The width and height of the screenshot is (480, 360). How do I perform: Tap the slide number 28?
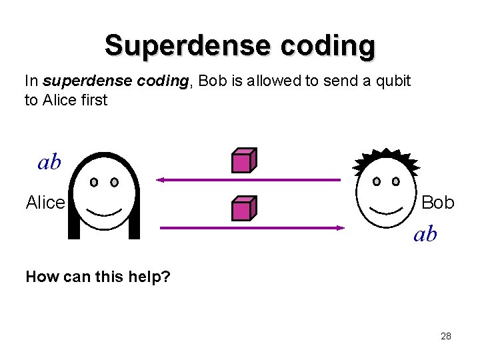[x=446, y=336]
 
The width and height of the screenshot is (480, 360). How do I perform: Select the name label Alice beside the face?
[x=45, y=203]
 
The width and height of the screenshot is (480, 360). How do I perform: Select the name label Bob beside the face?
[x=438, y=202]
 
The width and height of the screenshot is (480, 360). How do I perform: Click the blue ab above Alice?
[x=49, y=163]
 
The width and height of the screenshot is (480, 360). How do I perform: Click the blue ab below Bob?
[x=425, y=234]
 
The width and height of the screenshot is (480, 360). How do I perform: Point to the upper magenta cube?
[x=243, y=161]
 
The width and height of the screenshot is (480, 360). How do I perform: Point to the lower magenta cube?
[x=243, y=209]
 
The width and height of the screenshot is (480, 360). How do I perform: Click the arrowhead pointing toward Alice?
[x=161, y=180]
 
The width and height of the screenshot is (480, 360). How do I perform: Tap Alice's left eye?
[x=94, y=181]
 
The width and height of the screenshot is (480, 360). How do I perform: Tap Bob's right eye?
[x=396, y=181]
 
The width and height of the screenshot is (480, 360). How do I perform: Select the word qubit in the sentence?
[x=394, y=82]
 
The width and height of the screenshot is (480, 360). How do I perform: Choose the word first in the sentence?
[x=93, y=100]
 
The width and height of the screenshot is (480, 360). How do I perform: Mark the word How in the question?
[x=39, y=276]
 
